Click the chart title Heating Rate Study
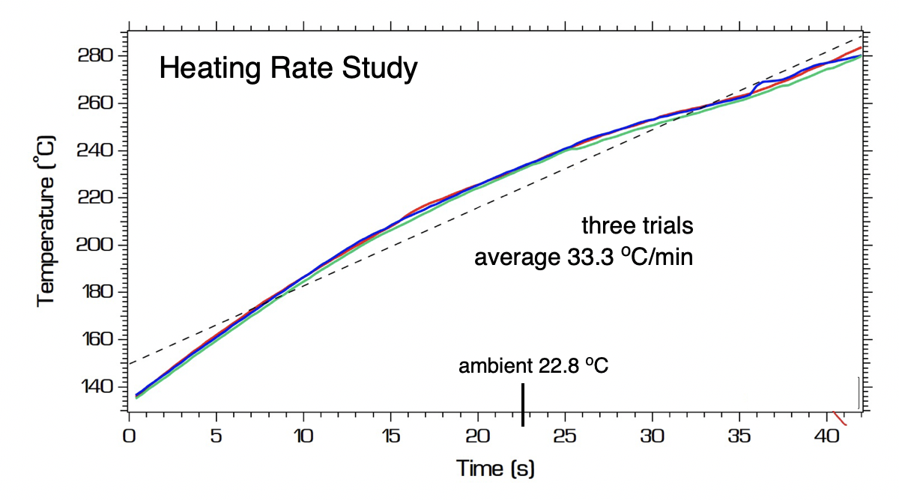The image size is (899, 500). point(288,70)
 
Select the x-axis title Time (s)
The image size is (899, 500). point(495,469)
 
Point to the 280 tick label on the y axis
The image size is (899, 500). point(95,56)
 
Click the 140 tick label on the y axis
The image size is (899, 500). point(95,387)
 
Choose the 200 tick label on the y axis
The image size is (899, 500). point(95,246)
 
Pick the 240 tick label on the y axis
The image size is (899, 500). point(95,151)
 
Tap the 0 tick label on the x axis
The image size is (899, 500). point(130,436)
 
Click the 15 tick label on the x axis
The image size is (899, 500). point(390,436)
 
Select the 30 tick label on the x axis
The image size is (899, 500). point(653,436)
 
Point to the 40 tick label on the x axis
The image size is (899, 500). point(826,436)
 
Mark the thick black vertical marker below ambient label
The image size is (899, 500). point(523,405)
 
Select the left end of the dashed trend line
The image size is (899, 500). point(131,364)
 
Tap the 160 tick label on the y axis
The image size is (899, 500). point(95,340)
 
